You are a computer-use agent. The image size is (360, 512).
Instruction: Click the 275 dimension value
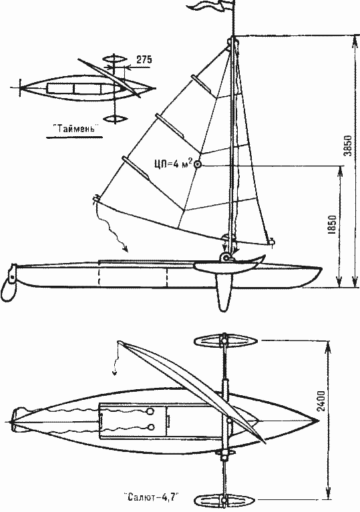pos(144,59)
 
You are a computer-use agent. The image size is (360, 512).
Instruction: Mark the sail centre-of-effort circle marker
pos(198,165)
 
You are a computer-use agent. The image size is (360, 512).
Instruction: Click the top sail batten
pos(201,84)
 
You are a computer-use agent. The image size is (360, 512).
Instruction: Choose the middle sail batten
pos(169,126)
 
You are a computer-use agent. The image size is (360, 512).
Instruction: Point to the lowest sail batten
pos(135,168)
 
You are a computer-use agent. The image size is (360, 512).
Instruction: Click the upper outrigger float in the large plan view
pos(225,341)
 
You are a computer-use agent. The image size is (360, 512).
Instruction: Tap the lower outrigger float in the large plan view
pos(225,500)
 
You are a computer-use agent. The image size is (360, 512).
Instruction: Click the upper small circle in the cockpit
pos(150,412)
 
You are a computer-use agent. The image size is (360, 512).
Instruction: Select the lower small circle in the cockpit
pos(150,427)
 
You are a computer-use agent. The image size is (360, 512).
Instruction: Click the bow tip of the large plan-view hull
pos(318,421)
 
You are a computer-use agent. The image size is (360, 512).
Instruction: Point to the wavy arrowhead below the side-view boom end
pos(124,250)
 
